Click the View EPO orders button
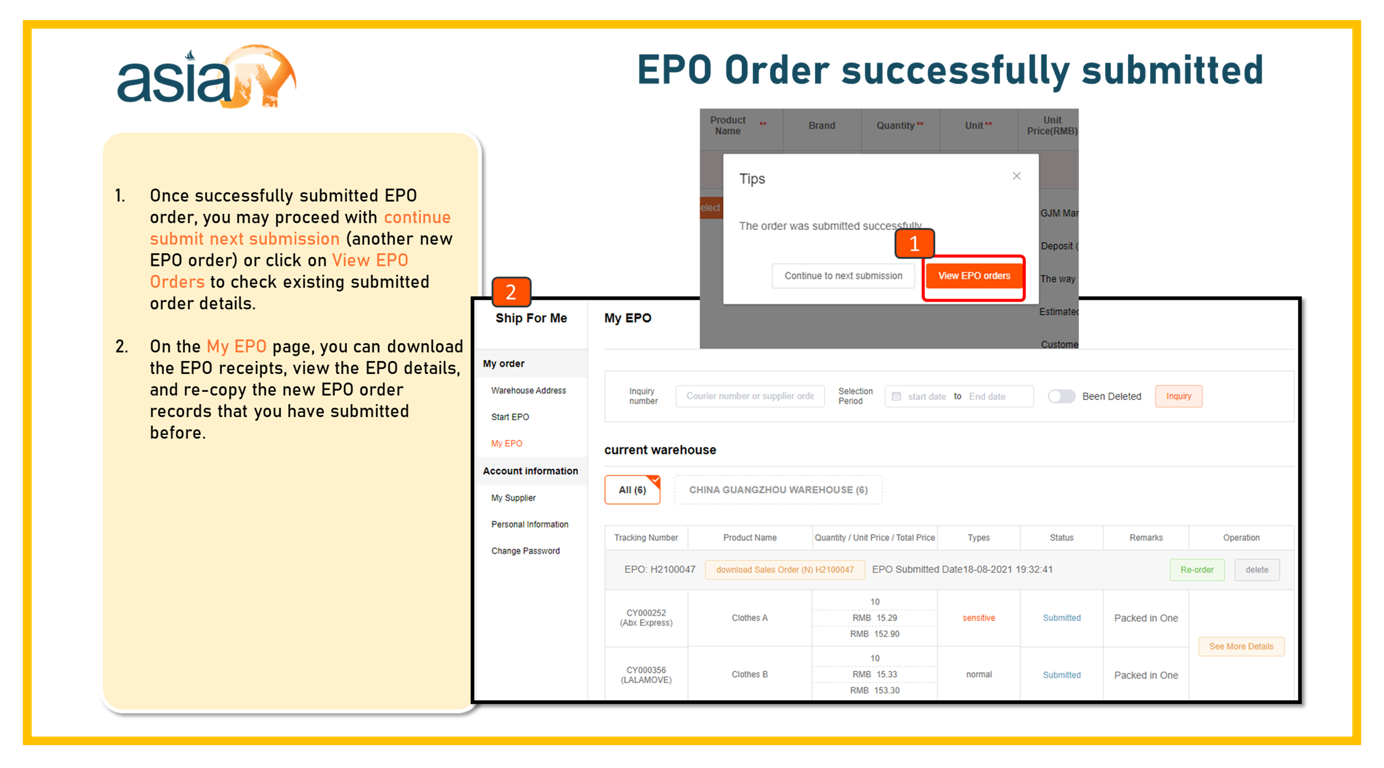pyautogui.click(x=974, y=276)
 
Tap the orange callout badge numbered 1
pyautogui.click(x=915, y=244)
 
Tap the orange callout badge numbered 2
pyautogui.click(x=511, y=292)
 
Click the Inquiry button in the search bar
pyautogui.click(x=1178, y=396)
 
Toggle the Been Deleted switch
pyautogui.click(x=1062, y=396)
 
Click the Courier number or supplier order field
pyautogui.click(x=750, y=396)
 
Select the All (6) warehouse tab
pyautogui.click(x=632, y=489)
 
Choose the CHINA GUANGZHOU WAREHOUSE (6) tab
pyautogui.click(x=778, y=489)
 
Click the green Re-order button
pyautogui.click(x=1197, y=569)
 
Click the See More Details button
pyautogui.click(x=1241, y=646)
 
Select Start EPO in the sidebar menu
pyautogui.click(x=510, y=417)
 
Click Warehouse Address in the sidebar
pyautogui.click(x=528, y=390)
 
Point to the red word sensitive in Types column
pyautogui.click(x=978, y=618)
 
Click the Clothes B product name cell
pyautogui.click(x=750, y=674)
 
